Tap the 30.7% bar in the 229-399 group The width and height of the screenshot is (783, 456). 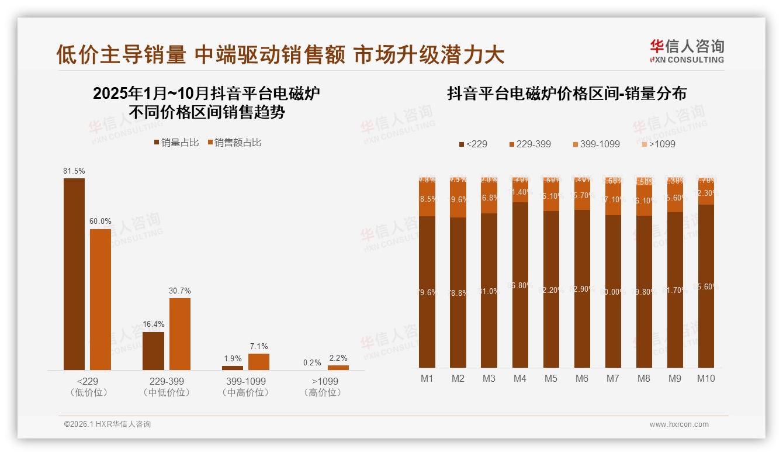pyautogui.click(x=180, y=334)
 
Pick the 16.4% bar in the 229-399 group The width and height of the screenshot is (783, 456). pyautogui.click(x=153, y=351)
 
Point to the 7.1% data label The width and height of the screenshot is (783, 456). pyautogui.click(x=259, y=347)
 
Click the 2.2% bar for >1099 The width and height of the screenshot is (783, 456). pyautogui.click(x=338, y=368)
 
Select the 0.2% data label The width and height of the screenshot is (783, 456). pyautogui.click(x=312, y=362)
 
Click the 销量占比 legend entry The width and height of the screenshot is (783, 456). pyautogui.click(x=176, y=143)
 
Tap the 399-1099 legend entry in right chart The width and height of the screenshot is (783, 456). pyautogui.click(x=595, y=144)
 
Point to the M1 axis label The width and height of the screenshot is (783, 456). pyautogui.click(x=427, y=379)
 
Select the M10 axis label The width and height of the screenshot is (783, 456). pyautogui.click(x=706, y=379)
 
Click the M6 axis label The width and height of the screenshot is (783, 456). pyautogui.click(x=582, y=379)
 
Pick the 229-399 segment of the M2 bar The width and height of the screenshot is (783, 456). pyautogui.click(x=458, y=200)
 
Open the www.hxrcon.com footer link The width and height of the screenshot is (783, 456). pyautogui.click(x=679, y=424)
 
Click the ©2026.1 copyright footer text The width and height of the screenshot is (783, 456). pyautogui.click(x=107, y=424)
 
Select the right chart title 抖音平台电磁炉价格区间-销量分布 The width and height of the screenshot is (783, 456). pyautogui.click(x=567, y=94)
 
